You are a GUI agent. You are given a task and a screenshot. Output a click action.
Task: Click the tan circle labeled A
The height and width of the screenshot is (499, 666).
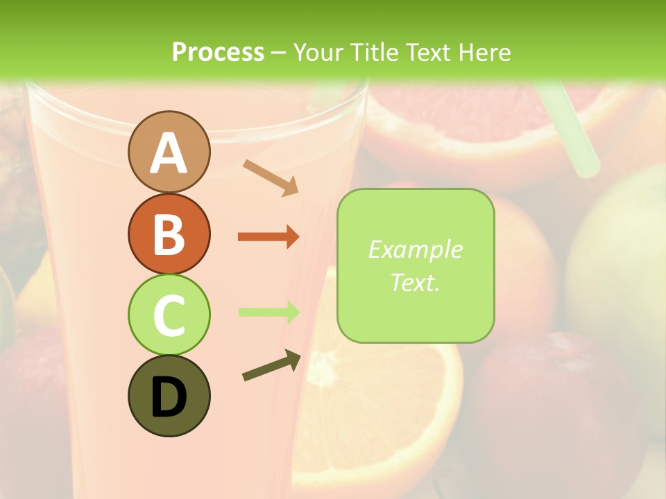(169, 152)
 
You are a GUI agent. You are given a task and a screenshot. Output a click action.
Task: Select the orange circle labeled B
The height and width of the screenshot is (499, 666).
(169, 234)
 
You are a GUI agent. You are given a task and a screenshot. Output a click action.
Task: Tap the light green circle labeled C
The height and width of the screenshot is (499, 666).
(169, 315)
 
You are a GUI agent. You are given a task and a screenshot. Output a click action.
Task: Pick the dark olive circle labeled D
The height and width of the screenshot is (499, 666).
(169, 396)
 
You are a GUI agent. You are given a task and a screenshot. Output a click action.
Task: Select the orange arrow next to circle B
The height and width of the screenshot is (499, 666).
(268, 237)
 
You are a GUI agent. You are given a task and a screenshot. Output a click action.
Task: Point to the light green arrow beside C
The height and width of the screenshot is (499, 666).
(268, 312)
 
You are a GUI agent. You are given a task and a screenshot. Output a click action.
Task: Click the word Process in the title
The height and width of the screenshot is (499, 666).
(218, 52)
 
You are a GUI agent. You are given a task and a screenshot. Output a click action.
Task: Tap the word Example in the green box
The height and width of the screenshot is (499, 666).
(416, 249)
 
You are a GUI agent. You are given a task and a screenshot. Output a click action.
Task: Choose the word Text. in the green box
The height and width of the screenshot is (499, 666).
(416, 282)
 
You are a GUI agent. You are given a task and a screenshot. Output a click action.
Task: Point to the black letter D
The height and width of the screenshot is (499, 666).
(169, 398)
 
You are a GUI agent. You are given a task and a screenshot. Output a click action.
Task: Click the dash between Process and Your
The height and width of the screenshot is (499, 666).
(278, 53)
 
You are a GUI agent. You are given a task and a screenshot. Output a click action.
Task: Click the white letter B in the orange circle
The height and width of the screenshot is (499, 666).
(169, 234)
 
